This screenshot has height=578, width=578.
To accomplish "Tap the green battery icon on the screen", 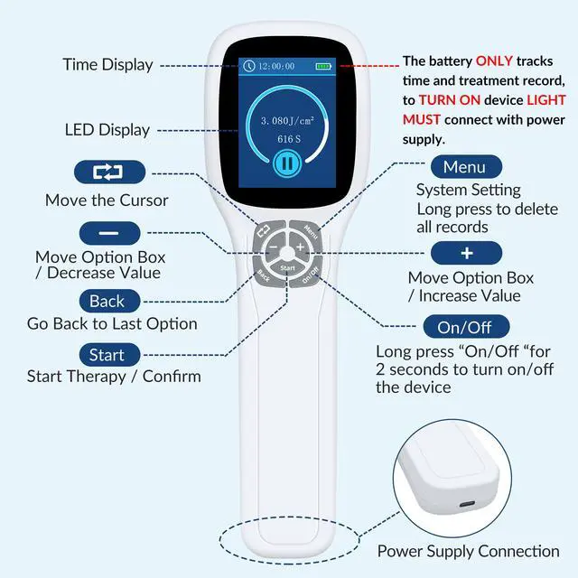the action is [x=322, y=66].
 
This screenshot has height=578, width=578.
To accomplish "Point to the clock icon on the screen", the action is [x=249, y=66].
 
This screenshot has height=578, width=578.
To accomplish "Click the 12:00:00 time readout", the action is [x=276, y=66].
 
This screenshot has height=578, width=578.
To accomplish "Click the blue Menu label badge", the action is [x=464, y=167].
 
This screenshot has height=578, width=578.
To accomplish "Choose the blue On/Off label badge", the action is [x=460, y=327].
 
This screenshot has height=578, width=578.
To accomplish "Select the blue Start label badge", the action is [x=113, y=354].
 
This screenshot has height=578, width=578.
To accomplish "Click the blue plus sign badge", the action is [x=466, y=253].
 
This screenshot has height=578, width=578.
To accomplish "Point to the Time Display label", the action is [x=107, y=65].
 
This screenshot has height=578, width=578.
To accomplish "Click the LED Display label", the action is [x=107, y=130].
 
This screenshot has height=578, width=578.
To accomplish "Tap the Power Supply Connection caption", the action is [x=468, y=551].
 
